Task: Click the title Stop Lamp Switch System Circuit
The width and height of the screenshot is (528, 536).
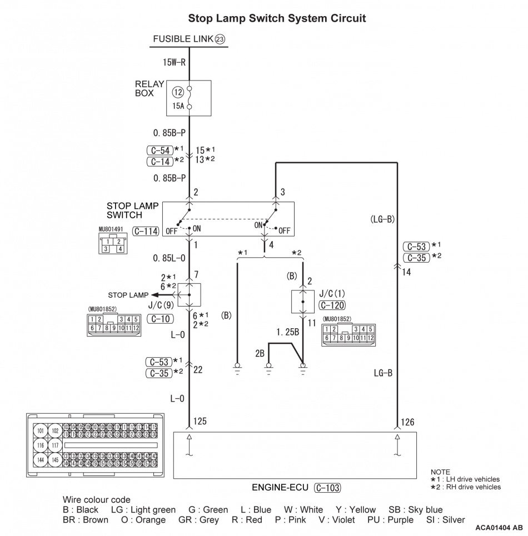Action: pos(277,18)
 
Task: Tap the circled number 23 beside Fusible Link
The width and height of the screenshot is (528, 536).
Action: pos(220,39)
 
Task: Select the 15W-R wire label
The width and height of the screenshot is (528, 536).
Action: pos(173,62)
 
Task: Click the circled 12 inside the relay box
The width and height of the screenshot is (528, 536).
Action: pos(177,91)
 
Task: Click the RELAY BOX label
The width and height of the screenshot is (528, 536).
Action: pos(150,89)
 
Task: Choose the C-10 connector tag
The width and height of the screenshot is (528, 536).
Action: pos(160,319)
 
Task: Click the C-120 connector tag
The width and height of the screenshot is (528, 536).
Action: pos(332,304)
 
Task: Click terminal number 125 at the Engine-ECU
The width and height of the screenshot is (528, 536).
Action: pos(200,421)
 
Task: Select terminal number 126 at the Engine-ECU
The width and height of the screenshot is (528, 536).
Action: pos(407,421)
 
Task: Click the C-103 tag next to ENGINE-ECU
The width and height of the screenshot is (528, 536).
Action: pos(327,488)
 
